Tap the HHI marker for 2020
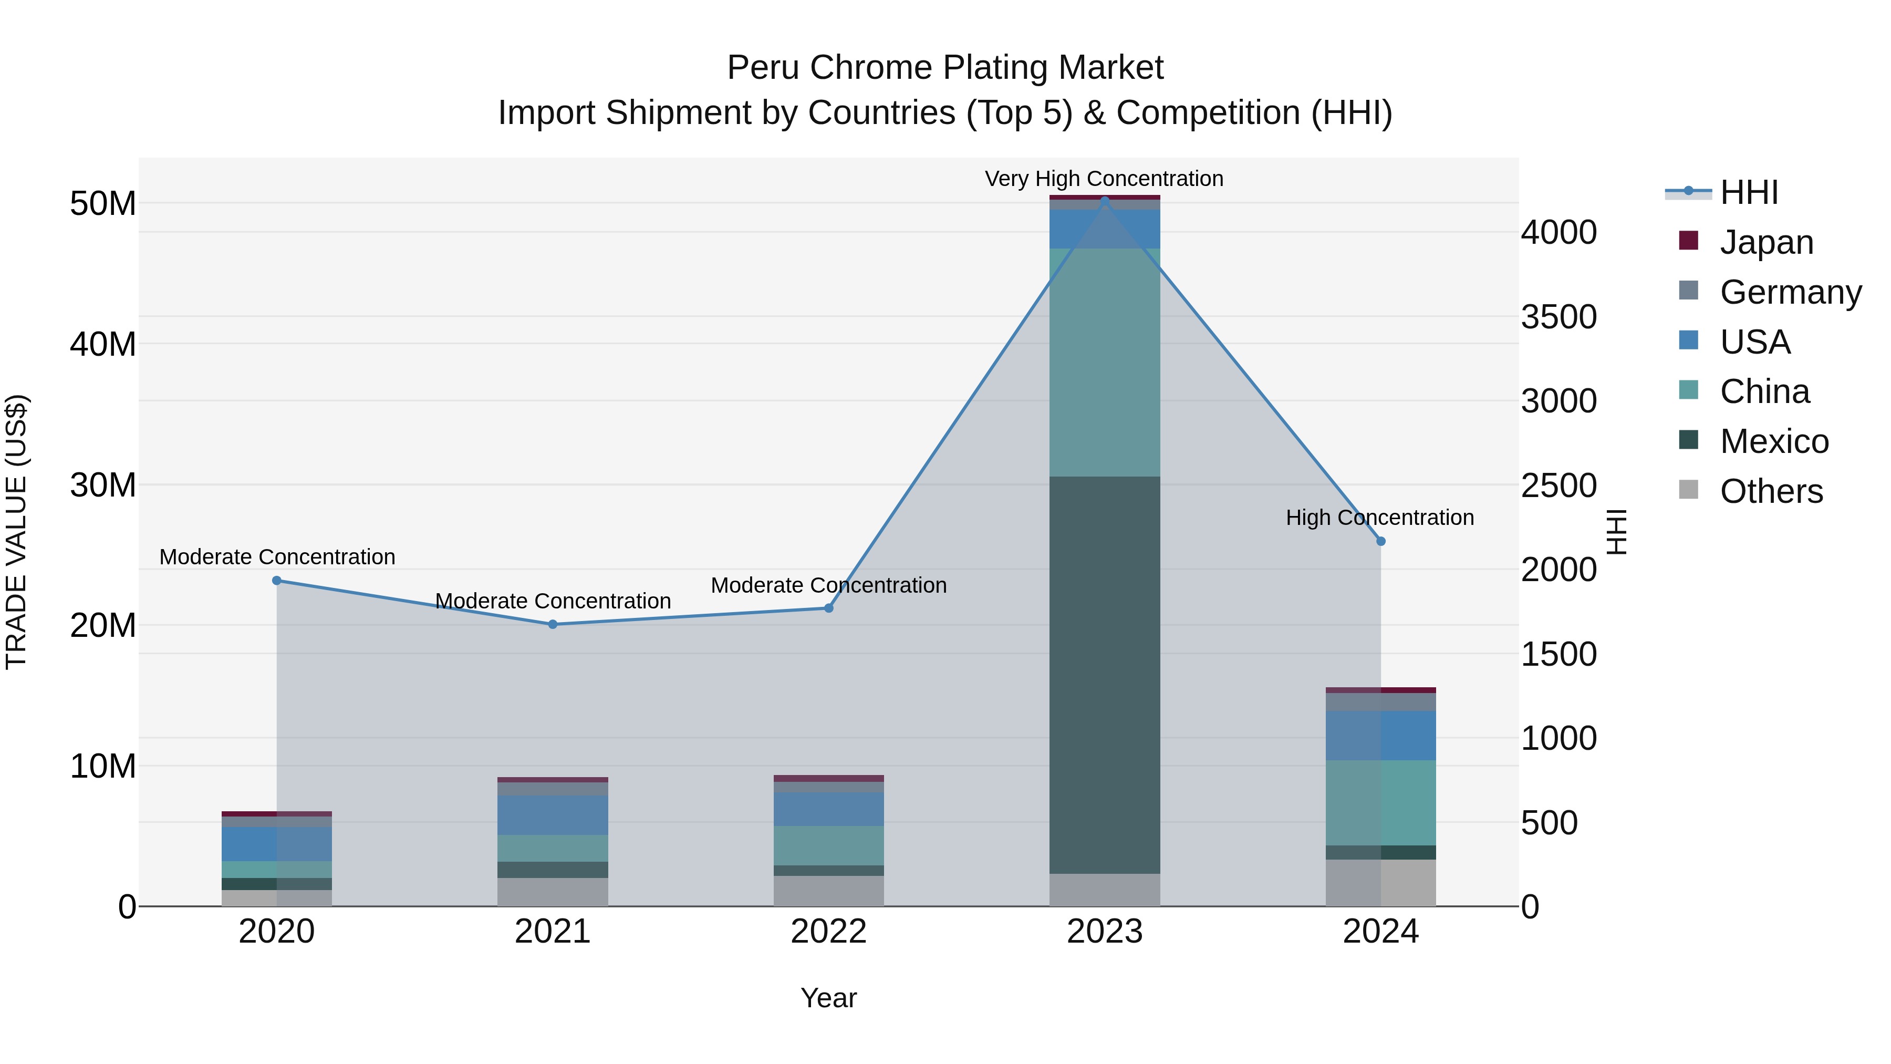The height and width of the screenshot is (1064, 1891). click(x=277, y=580)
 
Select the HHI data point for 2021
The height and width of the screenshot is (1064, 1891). click(x=553, y=624)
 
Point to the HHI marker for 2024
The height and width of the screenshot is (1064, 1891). click(x=1381, y=541)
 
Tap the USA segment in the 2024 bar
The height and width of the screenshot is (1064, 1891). click(x=1381, y=735)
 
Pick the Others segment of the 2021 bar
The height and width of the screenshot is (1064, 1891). click(x=553, y=892)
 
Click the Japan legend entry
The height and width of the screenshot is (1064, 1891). click(x=1765, y=242)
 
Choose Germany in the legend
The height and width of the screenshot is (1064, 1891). click(x=1790, y=292)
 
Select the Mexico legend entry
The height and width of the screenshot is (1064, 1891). click(x=1773, y=441)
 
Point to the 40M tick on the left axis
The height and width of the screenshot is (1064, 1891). click(x=103, y=344)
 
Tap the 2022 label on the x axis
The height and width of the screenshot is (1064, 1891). click(x=829, y=931)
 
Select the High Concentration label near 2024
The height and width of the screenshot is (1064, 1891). click(x=1379, y=517)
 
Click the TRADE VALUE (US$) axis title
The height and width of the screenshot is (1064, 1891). click(x=17, y=532)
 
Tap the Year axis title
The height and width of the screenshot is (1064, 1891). click(x=829, y=998)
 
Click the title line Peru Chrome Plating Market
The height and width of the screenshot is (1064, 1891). click(x=945, y=68)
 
